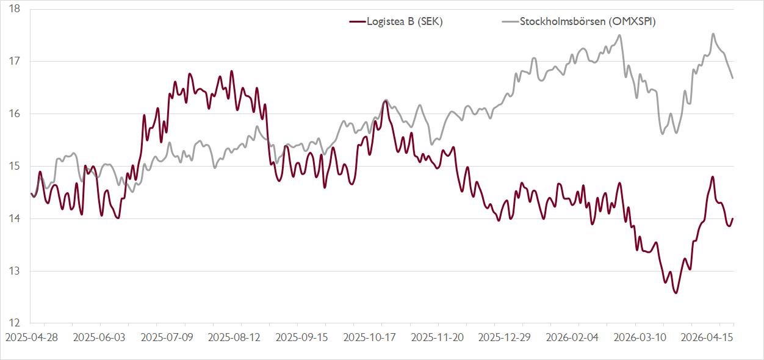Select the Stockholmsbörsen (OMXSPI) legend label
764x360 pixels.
click(x=579, y=22)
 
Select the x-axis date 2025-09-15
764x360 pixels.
click(x=300, y=337)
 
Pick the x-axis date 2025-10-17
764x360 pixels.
click(x=368, y=337)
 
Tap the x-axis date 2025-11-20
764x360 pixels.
click(x=436, y=337)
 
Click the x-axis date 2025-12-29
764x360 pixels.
click(x=503, y=337)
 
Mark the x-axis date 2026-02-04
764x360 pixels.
click(x=571, y=337)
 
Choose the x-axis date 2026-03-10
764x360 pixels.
click(x=639, y=337)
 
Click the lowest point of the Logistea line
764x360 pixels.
click(x=676, y=293)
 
